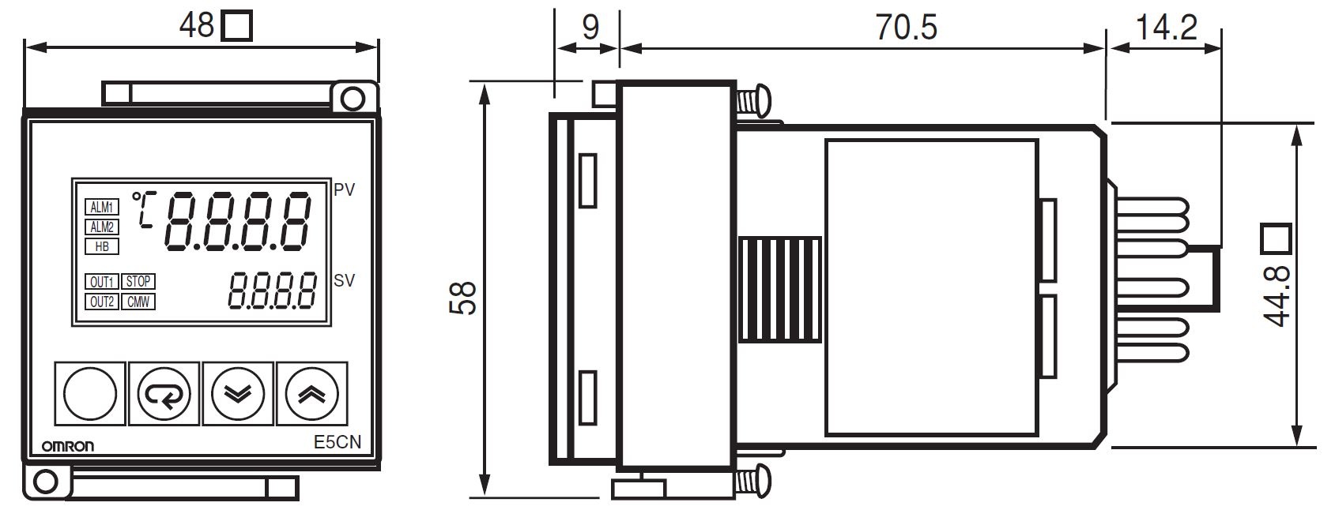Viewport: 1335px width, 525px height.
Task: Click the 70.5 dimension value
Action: pos(906,28)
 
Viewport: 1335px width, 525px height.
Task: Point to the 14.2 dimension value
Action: pos(1166,28)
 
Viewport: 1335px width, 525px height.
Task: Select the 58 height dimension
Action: pos(463,298)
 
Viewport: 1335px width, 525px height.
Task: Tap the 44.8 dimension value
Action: pos(1277,296)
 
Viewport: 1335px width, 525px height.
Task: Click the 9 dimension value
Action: pos(590,28)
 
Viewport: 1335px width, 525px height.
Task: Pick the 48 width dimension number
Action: pos(197,25)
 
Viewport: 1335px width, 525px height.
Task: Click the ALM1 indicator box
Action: pos(102,207)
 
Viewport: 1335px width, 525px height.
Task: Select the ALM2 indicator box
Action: pos(102,227)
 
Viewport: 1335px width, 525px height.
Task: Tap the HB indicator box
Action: pos(102,246)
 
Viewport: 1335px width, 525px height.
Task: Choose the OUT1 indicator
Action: pos(102,282)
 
